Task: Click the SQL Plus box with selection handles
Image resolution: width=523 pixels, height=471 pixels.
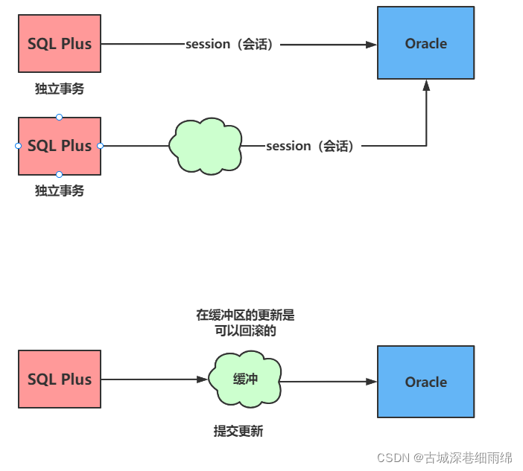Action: pos(60,146)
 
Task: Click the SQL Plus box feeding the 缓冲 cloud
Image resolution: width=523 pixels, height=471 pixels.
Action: pos(60,379)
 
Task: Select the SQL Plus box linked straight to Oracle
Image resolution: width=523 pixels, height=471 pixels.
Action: pos(60,44)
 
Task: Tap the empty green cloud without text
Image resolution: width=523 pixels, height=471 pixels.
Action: pos(206,146)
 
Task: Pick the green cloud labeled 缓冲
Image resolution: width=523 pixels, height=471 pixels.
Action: pos(245,379)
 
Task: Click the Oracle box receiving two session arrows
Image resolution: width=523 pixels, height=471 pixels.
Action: pos(425,43)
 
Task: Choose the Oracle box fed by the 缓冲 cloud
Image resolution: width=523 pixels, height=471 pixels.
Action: pos(425,382)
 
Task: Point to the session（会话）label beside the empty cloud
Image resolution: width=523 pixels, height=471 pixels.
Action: pos(310,147)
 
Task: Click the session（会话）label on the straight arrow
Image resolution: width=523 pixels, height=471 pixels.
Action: pos(230,45)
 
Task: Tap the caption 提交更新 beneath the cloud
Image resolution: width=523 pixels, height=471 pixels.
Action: pos(238,432)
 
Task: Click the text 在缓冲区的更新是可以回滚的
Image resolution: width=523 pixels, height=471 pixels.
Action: pos(245,323)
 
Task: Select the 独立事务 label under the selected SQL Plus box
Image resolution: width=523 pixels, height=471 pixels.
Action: pos(60,191)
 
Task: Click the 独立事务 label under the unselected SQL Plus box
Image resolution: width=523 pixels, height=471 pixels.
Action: pos(60,89)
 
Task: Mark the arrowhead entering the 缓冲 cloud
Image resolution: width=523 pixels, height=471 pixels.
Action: pos(203,379)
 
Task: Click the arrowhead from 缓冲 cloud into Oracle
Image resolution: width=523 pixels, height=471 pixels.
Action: pos(372,382)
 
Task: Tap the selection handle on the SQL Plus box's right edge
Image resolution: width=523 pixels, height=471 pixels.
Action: pos(101,146)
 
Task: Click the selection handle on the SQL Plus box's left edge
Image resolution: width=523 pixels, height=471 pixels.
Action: pos(19,146)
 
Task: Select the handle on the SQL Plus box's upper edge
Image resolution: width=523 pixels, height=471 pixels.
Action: pos(60,117)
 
